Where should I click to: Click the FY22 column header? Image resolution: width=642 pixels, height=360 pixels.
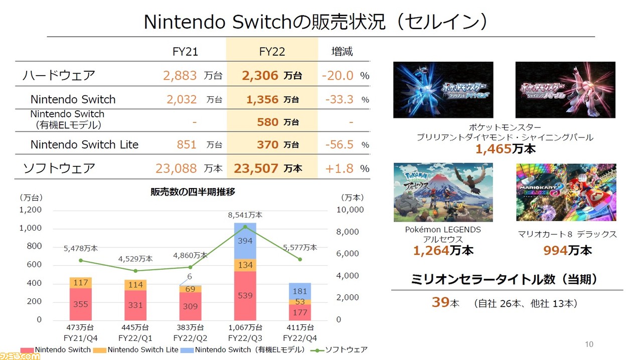pos(271,51)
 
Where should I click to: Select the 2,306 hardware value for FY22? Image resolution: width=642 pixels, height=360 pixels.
pos(260,76)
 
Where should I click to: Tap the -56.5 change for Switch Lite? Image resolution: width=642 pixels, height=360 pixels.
pos(339,145)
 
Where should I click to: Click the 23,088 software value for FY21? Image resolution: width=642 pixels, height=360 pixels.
pos(176,168)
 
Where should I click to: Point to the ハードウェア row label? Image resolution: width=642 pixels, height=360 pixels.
pos(59,76)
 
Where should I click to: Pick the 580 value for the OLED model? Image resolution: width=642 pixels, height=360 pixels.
pos(268,122)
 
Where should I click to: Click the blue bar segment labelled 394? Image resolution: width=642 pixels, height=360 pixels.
pos(245,241)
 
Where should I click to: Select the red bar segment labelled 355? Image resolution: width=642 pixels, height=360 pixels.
pos(80,304)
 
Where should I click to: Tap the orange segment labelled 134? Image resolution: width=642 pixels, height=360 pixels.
pos(245,265)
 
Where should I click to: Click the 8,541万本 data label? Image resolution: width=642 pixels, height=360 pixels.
pos(245,215)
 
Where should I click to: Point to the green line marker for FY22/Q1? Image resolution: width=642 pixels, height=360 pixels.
pos(135,271)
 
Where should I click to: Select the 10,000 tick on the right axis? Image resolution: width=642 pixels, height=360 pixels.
pos(350,210)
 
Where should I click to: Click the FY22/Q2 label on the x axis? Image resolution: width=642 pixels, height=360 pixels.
pos(190,338)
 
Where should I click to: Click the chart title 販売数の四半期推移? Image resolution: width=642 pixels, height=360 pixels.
pos(193,192)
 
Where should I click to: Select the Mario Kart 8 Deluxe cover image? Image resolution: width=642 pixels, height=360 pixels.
pos(566,192)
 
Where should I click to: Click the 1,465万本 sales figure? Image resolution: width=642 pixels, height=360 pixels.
pos(505,148)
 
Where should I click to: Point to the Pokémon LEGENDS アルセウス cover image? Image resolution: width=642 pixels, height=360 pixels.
pos(443,192)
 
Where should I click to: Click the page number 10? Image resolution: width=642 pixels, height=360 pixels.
pos(589,344)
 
